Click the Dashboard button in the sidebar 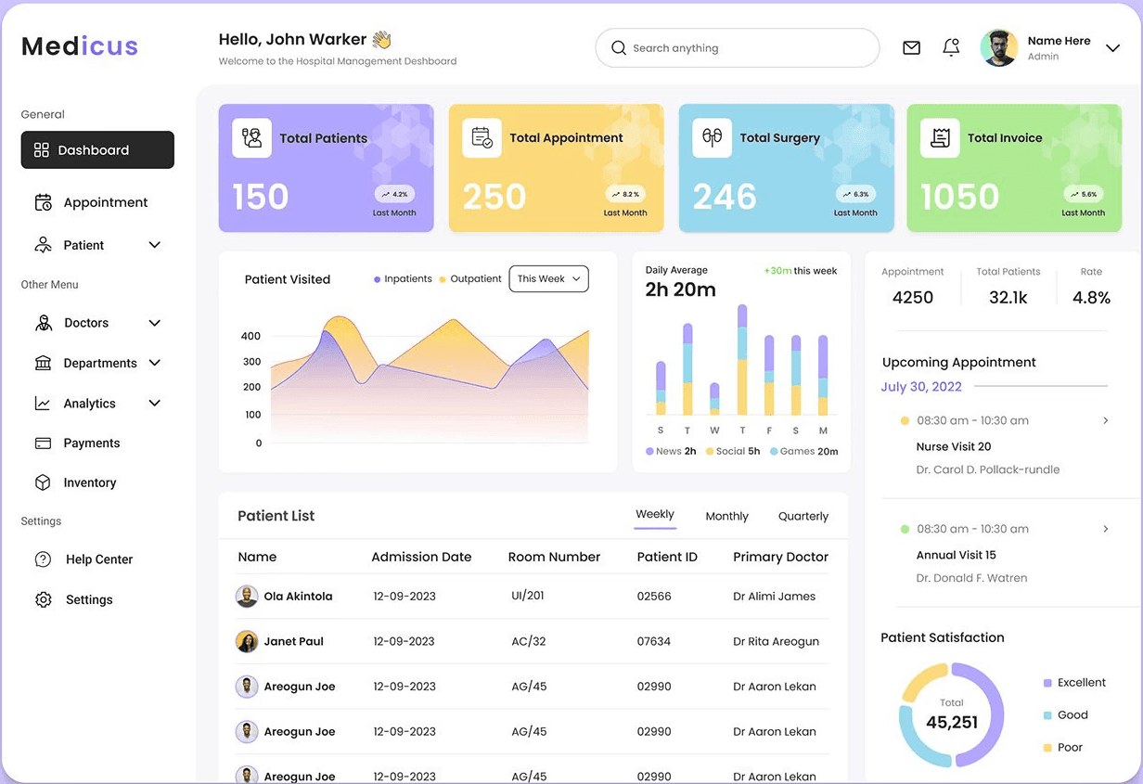pos(97,150)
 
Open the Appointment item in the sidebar pos(105,202)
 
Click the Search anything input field pos(738,48)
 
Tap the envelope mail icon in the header pos(911,48)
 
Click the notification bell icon pos(951,47)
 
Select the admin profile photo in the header pos(998,48)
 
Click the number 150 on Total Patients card pos(261,197)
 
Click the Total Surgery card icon pos(712,138)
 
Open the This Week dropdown pos(548,279)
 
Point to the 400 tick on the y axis pos(250,336)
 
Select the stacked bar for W pos(714,396)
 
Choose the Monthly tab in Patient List pos(726,517)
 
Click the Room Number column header pos(554,558)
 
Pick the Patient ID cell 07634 pos(654,641)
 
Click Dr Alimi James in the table pos(774,597)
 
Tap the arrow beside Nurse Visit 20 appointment pos(1105,421)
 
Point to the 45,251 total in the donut pos(952,722)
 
